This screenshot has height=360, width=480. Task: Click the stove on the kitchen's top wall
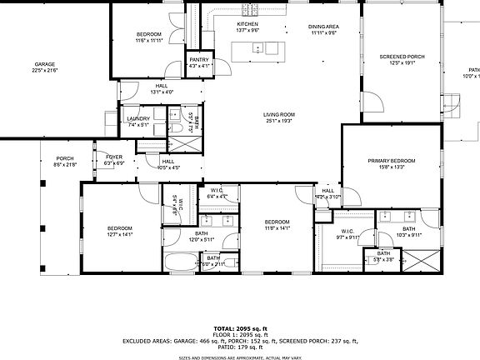pos(250,10)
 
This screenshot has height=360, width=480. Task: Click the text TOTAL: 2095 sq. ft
pos(239,328)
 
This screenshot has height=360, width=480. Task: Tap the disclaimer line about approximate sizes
pos(239,356)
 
